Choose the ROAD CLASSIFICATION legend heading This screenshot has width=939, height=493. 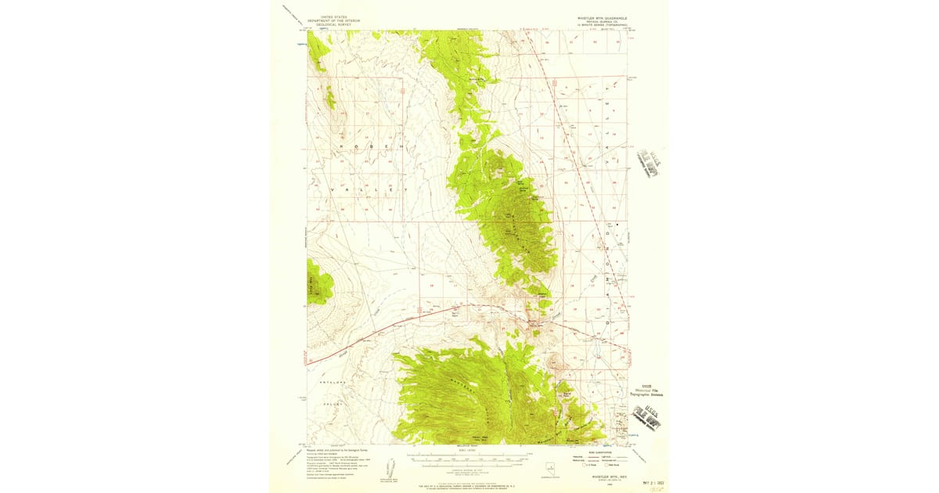tap(600, 452)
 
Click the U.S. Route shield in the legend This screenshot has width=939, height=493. tap(585, 466)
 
